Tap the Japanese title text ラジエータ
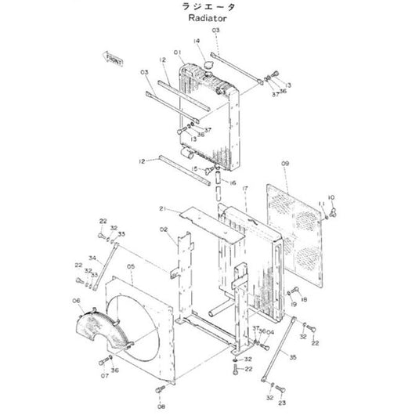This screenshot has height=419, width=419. [x=208, y=6]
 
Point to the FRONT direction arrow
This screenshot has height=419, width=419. [x=112, y=58]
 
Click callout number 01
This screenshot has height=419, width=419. [x=179, y=53]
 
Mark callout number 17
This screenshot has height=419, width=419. [x=244, y=189]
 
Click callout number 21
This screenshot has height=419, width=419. [x=163, y=208]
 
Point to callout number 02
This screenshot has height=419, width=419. [x=164, y=229]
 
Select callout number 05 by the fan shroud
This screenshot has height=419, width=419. [x=132, y=266]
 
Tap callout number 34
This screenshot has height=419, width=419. [x=91, y=258]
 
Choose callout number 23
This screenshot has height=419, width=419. [x=283, y=403]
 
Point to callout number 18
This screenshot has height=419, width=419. [x=305, y=300]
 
